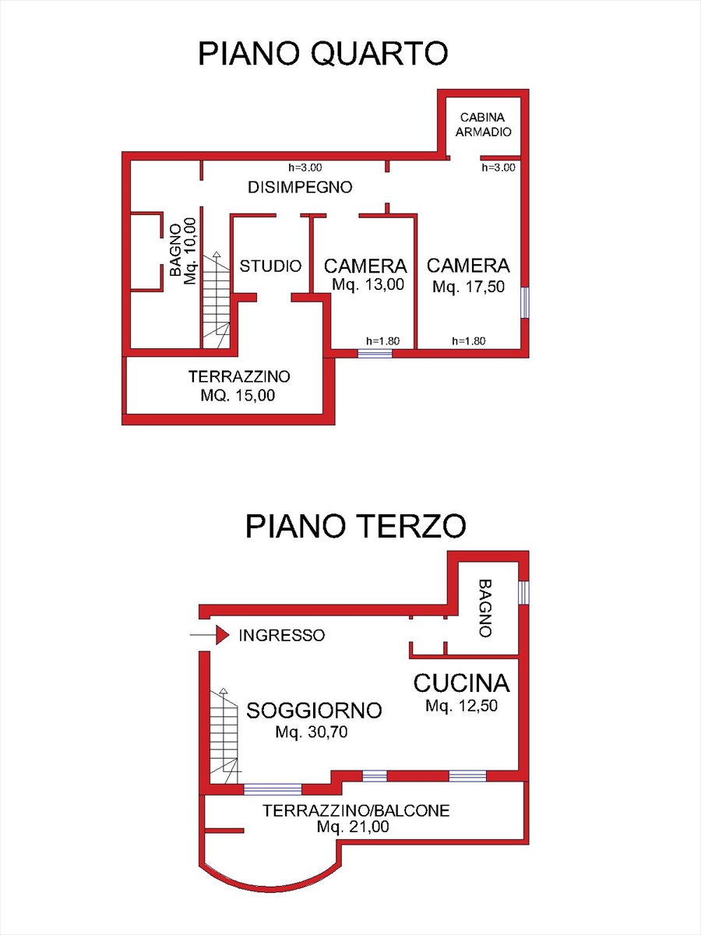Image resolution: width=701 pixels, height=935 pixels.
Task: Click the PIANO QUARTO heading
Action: (x=322, y=54)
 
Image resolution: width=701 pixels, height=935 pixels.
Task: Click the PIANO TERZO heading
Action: (x=356, y=526)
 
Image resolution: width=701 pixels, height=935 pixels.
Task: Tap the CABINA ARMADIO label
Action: (x=484, y=124)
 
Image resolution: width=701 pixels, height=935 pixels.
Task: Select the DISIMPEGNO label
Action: (x=300, y=187)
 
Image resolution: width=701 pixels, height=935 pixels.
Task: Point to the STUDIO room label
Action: (x=270, y=266)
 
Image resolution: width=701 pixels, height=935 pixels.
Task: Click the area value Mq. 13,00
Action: (x=368, y=285)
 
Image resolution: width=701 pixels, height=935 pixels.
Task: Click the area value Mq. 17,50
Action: (x=469, y=287)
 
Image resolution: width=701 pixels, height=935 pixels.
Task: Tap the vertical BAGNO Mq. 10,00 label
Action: (x=182, y=252)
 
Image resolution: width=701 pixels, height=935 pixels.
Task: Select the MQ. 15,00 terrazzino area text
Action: (x=238, y=395)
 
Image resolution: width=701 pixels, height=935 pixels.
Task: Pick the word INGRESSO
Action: (x=281, y=635)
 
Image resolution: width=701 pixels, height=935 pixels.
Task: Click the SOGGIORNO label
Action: (x=314, y=710)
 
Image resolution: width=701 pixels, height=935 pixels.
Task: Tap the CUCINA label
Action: (x=461, y=683)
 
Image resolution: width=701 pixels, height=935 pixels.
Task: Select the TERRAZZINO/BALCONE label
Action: (x=356, y=810)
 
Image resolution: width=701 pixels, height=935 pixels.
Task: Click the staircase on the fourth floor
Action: (x=216, y=300)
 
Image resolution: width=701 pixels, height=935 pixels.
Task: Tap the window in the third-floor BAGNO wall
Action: (x=524, y=593)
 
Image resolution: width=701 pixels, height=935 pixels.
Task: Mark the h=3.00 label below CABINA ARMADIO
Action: (x=498, y=167)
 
